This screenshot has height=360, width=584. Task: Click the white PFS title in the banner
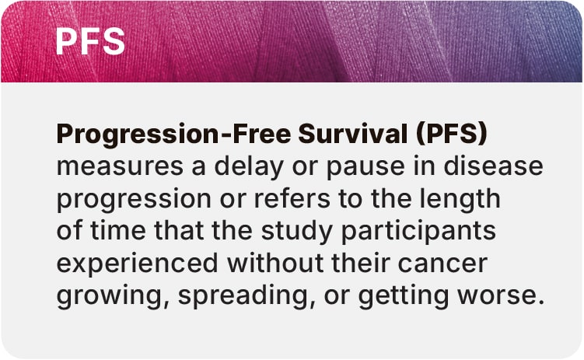[90, 41]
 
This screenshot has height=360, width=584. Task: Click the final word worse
[501, 296]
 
